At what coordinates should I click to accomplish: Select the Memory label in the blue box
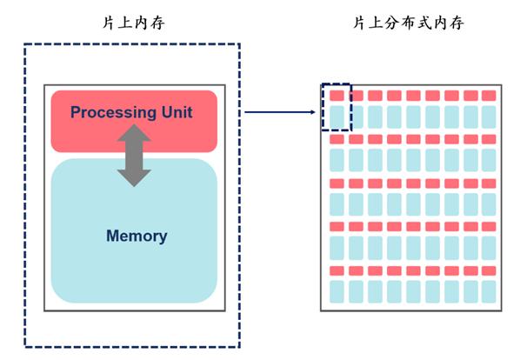(x=136, y=236)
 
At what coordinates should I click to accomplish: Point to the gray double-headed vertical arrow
(x=134, y=155)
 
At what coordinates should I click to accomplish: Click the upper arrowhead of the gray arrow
(x=134, y=133)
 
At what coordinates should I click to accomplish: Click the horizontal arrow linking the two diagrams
(x=278, y=112)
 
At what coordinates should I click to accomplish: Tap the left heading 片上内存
(x=133, y=23)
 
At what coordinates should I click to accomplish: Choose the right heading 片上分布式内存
(x=408, y=23)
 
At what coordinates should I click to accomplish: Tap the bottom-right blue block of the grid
(x=489, y=290)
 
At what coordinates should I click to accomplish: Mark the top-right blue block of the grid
(x=489, y=117)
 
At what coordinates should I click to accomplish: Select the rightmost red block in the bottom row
(x=489, y=270)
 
